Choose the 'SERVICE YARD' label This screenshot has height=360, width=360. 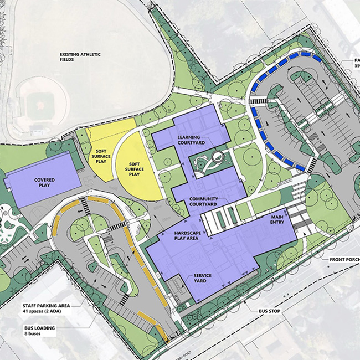(203, 280)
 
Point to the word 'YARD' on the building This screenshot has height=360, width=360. (203, 283)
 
